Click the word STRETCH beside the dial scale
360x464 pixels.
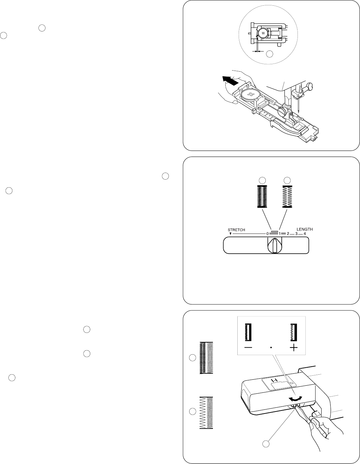point(236,230)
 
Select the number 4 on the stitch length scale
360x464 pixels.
point(304,234)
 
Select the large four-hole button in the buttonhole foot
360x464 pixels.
point(249,96)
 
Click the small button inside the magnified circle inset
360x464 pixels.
point(263,34)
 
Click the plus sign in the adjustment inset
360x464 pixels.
point(293,348)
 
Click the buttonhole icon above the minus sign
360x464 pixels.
point(248,332)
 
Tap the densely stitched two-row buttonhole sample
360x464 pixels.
point(206,358)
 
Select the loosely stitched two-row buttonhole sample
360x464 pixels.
point(206,412)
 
